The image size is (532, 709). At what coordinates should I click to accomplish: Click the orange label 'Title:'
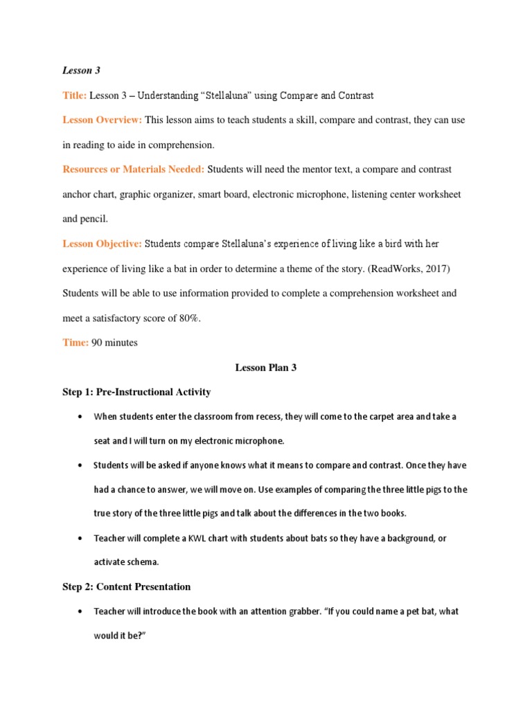coord(74,95)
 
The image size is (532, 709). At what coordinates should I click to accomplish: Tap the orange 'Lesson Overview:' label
coord(102,120)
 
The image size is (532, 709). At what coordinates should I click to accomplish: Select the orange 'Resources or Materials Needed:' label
coord(133,169)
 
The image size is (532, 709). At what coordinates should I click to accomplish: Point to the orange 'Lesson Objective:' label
coord(102,244)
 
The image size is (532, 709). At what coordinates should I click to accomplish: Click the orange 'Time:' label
coord(76,343)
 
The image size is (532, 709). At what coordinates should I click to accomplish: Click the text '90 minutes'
coord(114,343)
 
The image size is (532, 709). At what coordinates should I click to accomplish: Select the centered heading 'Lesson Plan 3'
coord(266,368)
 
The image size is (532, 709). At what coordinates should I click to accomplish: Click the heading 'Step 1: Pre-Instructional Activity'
coord(136,392)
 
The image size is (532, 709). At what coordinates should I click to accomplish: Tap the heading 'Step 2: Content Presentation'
coord(126,586)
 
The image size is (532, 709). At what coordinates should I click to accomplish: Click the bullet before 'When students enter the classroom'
coord(81,417)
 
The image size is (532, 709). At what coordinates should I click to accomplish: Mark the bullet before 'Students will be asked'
coord(81,465)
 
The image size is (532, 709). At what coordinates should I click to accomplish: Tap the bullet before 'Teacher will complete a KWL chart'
coord(81,538)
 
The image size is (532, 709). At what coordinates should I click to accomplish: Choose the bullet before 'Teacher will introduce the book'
coord(81,611)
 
